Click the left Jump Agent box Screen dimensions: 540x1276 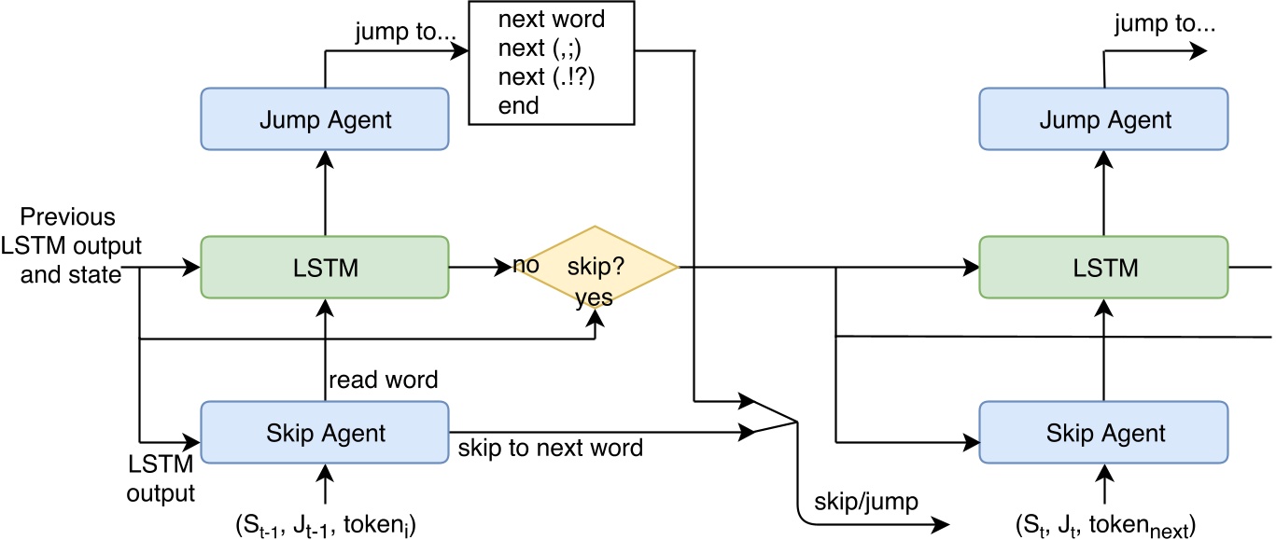pos(325,119)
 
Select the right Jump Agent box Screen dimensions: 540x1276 pos(1104,119)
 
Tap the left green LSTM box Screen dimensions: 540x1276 pos(325,268)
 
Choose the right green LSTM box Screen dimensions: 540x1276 pos(1104,268)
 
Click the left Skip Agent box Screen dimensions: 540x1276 pos(325,432)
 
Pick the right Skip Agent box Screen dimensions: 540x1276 pos(1104,432)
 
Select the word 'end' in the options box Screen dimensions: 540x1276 pos(519,105)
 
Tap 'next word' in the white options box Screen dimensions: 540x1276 pos(552,19)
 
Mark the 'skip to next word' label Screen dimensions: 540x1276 pos(550,448)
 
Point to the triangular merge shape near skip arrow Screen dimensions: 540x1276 pos(775,417)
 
